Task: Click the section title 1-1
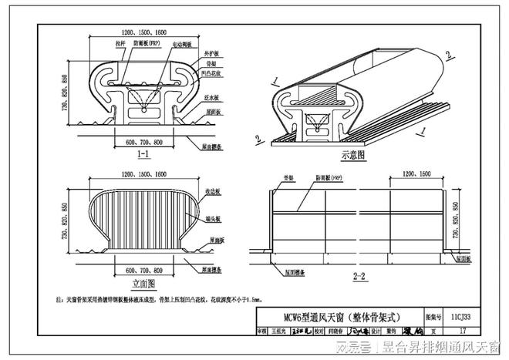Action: pos(143,155)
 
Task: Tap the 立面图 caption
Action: pos(143,282)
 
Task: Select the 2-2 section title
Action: pos(357,275)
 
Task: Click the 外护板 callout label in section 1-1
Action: pos(210,56)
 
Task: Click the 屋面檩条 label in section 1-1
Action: pos(214,144)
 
